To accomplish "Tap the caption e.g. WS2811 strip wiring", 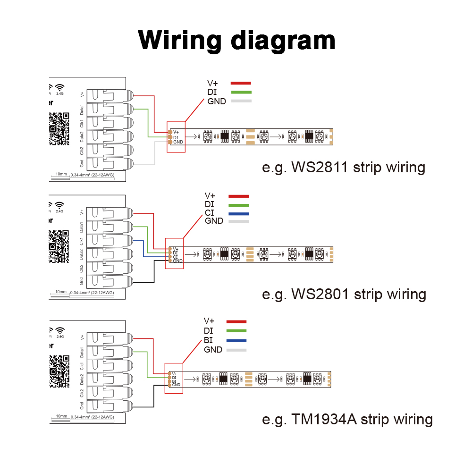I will pyautogui.click(x=344, y=168).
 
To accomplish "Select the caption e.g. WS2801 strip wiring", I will pyautogui.click(x=344, y=294).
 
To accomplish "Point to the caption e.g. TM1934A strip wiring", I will pyautogui.click(x=347, y=419).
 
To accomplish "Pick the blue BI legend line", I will pyautogui.click(x=237, y=341).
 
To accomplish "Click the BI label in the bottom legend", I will pyautogui.click(x=209, y=341).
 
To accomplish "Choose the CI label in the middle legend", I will pyautogui.click(x=210, y=213).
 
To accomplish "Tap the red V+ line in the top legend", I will pyautogui.click(x=241, y=83).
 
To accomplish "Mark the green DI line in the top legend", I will pyautogui.click(x=241, y=92).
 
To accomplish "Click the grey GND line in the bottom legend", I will pyautogui.click(x=237, y=350).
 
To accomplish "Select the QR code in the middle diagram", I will pyautogui.click(x=59, y=245).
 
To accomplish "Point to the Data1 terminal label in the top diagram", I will pyautogui.click(x=82, y=109).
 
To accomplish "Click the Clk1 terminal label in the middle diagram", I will pyautogui.click(x=82, y=242).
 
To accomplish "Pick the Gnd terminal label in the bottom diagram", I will pyautogui.click(x=82, y=405).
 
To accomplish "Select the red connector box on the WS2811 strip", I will pyautogui.click(x=176, y=137).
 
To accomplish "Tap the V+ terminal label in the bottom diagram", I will pyautogui.click(x=82, y=337).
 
